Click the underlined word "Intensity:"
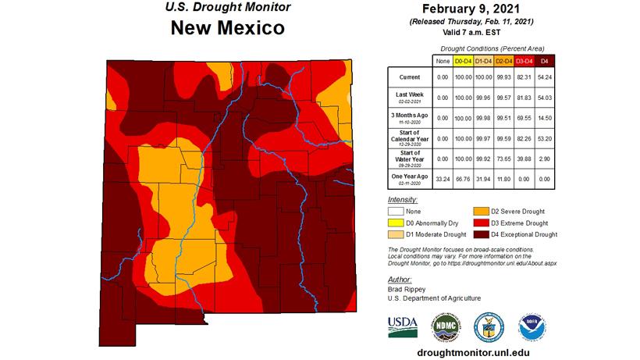point(402,200)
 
